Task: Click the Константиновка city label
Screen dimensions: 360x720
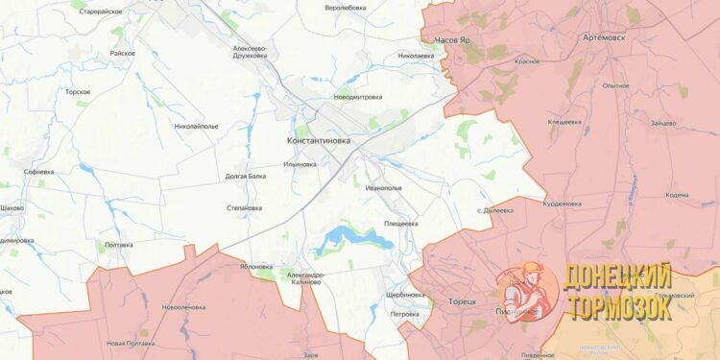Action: click(x=319, y=140)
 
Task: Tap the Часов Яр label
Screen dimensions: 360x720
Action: click(x=452, y=41)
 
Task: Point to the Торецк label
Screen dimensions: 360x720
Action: click(x=462, y=302)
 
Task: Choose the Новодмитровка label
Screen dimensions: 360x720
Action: click(x=357, y=97)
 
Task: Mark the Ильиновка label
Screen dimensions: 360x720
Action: click(x=300, y=164)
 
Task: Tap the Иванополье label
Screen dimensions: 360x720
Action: click(x=383, y=188)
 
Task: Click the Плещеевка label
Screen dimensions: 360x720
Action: click(x=400, y=224)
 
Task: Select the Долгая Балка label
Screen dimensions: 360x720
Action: click(x=245, y=177)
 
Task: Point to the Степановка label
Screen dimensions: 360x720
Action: click(x=244, y=207)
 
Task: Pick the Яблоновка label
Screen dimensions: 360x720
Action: click(x=257, y=267)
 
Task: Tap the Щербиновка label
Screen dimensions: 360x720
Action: click(x=404, y=295)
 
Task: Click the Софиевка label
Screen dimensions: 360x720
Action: click(x=38, y=172)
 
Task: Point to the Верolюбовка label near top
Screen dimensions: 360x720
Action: click(x=346, y=8)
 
